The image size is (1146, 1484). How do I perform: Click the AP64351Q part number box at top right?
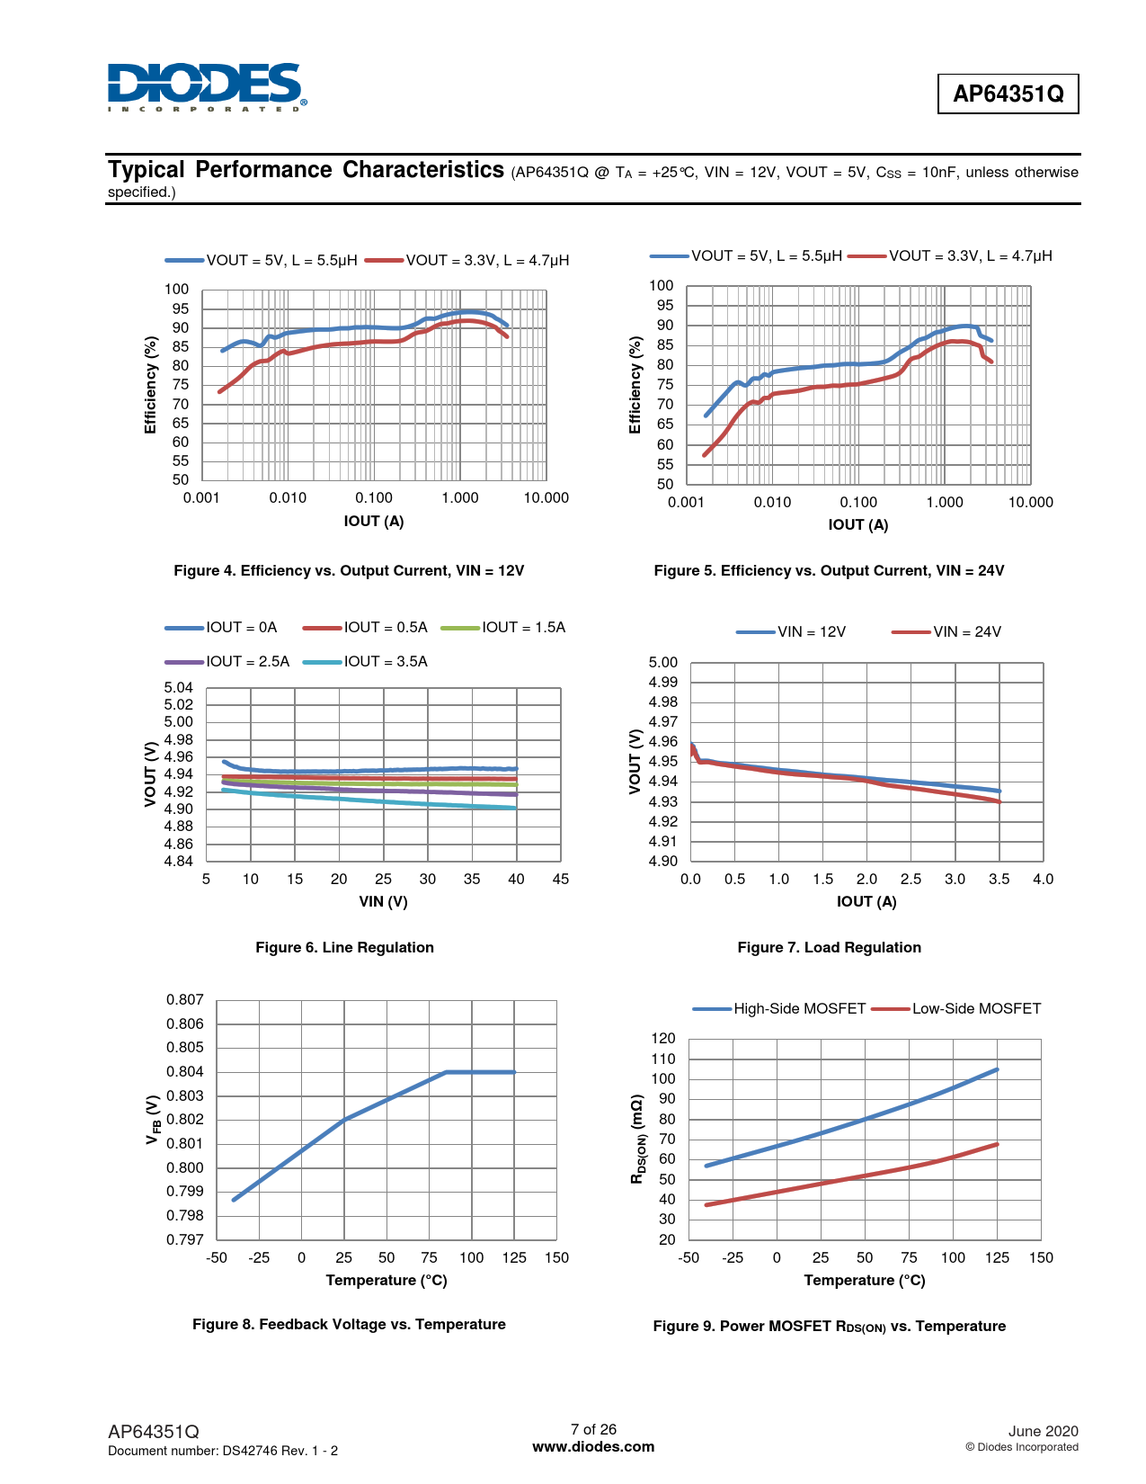pos(1008,94)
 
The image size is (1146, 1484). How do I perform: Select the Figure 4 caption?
pos(349,570)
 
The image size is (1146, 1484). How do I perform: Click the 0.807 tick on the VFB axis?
pos(185,999)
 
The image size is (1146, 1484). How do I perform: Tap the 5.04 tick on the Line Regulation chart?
pos(179,687)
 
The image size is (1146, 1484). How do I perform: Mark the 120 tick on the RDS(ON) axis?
pos(663,1038)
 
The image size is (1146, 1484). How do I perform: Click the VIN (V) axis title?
pos(384,901)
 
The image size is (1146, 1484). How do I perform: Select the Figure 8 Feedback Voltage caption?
pos(349,1324)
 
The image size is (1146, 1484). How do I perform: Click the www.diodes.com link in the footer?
pos(593,1446)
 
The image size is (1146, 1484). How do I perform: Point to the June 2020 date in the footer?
pos(1043,1431)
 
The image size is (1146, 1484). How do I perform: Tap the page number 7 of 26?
pos(593,1429)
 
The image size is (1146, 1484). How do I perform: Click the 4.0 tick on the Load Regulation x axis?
pos(1043,879)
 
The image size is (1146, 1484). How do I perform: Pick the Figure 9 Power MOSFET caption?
pos(829,1326)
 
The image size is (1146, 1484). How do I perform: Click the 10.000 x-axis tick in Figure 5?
pos(1030,502)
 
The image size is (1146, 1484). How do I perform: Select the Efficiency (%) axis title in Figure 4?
pos(151,385)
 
